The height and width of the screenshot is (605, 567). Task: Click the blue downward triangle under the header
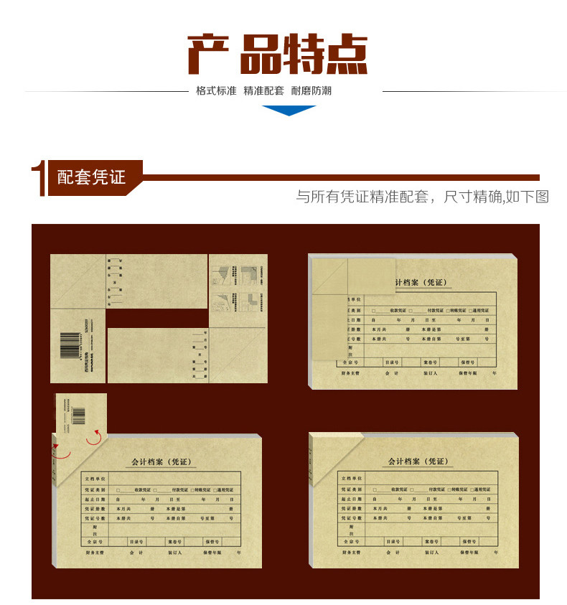[x=289, y=110]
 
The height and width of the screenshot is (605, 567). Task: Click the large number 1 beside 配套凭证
[x=38, y=178]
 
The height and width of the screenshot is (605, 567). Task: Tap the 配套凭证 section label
[x=91, y=177]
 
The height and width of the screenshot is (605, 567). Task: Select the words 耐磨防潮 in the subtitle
[x=311, y=91]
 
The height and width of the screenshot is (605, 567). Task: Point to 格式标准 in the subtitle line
[x=216, y=91]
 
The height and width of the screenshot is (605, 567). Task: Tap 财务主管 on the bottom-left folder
[x=94, y=553]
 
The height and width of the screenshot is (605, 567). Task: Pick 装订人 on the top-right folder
[x=431, y=373]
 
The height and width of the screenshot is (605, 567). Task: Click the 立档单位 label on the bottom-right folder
[x=352, y=478]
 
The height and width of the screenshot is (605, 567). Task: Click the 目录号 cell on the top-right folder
[x=392, y=362]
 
